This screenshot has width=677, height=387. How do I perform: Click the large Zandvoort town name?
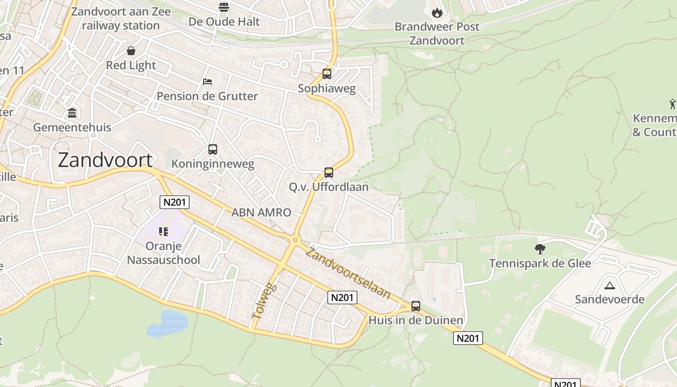(x=105, y=160)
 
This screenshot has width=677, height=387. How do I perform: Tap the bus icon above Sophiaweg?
(x=327, y=74)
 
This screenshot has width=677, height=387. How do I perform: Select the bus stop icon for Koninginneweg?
(x=213, y=149)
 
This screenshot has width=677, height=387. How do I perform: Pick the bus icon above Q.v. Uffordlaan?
(x=329, y=173)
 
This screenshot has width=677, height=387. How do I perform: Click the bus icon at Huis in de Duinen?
(x=416, y=306)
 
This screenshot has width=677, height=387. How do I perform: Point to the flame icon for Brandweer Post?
(x=437, y=13)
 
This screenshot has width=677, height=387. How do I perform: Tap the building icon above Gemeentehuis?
(x=72, y=113)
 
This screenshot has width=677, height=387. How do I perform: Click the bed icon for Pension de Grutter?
(x=207, y=81)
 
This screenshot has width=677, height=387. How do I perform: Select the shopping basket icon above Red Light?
(x=131, y=51)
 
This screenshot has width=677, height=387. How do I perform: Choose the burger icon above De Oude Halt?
(x=224, y=7)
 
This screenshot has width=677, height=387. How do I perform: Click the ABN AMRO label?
(x=261, y=212)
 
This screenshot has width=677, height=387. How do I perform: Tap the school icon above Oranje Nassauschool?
(x=163, y=232)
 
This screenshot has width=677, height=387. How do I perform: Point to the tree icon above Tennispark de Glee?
(x=540, y=249)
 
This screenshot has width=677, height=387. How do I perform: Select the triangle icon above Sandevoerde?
(x=609, y=285)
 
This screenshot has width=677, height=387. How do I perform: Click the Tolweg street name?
(x=263, y=301)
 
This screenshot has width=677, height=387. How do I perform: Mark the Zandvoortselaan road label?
(x=348, y=273)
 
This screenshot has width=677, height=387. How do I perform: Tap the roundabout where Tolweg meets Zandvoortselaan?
(x=295, y=239)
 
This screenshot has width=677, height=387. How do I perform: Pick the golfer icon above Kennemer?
(x=673, y=104)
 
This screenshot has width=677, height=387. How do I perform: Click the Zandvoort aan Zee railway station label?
(x=121, y=18)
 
